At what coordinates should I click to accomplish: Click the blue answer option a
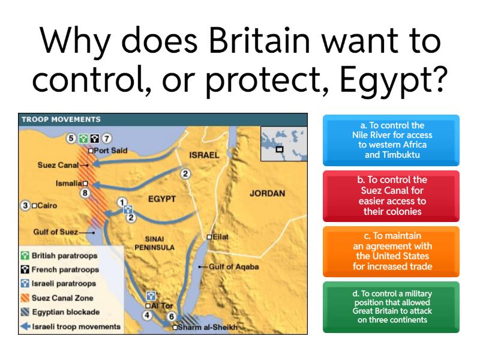(x=391, y=140)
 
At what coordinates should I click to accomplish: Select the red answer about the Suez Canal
(x=391, y=195)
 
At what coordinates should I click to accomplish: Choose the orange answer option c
(x=391, y=251)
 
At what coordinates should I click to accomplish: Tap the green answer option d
(x=391, y=307)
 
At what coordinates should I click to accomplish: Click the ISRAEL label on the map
(x=206, y=155)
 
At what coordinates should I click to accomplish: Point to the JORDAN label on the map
(x=267, y=194)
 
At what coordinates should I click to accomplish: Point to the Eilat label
(x=220, y=237)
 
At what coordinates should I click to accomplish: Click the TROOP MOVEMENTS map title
(x=61, y=119)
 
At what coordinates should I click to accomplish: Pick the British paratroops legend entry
(x=65, y=256)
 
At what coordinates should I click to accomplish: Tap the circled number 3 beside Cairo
(x=25, y=206)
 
